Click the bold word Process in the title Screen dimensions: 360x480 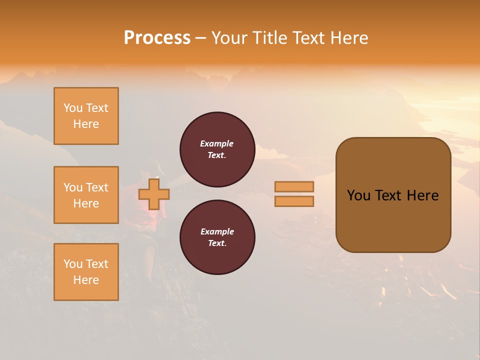(x=157, y=38)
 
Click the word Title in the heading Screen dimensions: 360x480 (x=269, y=38)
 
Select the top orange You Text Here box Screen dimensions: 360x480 (x=86, y=116)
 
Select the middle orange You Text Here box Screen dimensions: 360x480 (x=86, y=195)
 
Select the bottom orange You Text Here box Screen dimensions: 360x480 (x=86, y=272)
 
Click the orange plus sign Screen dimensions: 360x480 (x=154, y=194)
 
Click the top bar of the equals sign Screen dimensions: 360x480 (x=294, y=187)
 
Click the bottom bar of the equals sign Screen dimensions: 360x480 (x=294, y=201)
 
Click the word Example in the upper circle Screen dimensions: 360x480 (x=217, y=143)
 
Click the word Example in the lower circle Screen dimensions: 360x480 (x=217, y=231)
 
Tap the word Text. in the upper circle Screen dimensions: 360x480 (x=217, y=155)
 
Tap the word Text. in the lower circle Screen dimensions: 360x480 (x=217, y=243)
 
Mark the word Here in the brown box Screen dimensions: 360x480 (x=423, y=195)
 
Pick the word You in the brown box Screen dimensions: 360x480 (x=358, y=195)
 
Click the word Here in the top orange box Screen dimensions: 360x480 (x=86, y=124)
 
